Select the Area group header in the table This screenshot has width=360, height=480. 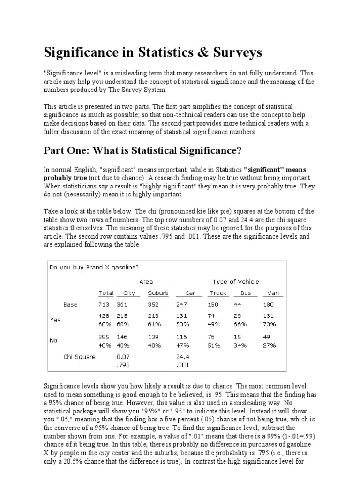click(146, 282)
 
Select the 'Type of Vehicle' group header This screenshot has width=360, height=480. click(235, 282)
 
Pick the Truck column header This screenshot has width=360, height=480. click(218, 293)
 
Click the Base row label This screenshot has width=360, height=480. click(70, 304)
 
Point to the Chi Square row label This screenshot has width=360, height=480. click(79, 357)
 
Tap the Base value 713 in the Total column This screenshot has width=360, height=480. click(104, 304)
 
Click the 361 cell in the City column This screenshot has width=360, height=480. click(122, 304)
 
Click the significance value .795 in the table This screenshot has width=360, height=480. click(123, 364)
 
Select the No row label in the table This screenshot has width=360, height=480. click(53, 341)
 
